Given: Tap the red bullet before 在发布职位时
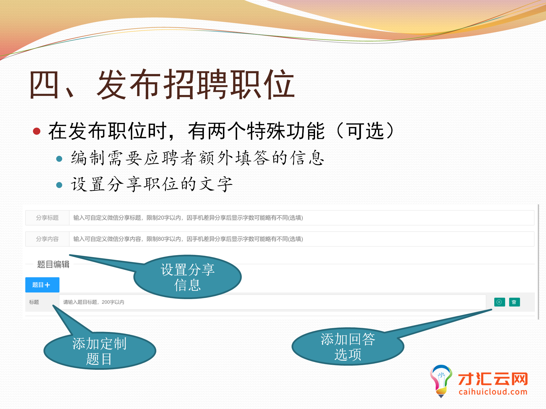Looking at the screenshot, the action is click(37, 131).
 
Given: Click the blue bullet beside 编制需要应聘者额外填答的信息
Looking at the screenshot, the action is click(59, 159).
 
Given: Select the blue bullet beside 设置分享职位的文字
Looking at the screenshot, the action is click(59, 185).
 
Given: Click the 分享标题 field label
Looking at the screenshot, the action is click(47, 218).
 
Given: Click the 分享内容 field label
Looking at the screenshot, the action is click(47, 239).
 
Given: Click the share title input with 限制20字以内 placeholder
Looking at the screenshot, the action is click(301, 218).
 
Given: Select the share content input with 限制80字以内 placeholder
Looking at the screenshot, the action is click(301, 239).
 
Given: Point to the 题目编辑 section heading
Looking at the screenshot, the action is click(53, 264).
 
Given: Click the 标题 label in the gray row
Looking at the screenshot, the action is click(34, 302).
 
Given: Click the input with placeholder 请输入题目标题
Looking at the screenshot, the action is click(272, 302).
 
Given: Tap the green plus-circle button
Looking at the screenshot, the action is click(500, 302).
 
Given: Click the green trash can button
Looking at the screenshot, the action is click(514, 302).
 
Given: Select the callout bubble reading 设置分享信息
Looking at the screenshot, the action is click(188, 277).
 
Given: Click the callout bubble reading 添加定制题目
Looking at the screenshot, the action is click(100, 351).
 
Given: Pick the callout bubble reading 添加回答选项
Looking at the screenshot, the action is click(348, 347).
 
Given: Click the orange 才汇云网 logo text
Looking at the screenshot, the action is click(493, 379).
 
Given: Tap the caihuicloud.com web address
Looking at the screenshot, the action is click(493, 392).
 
